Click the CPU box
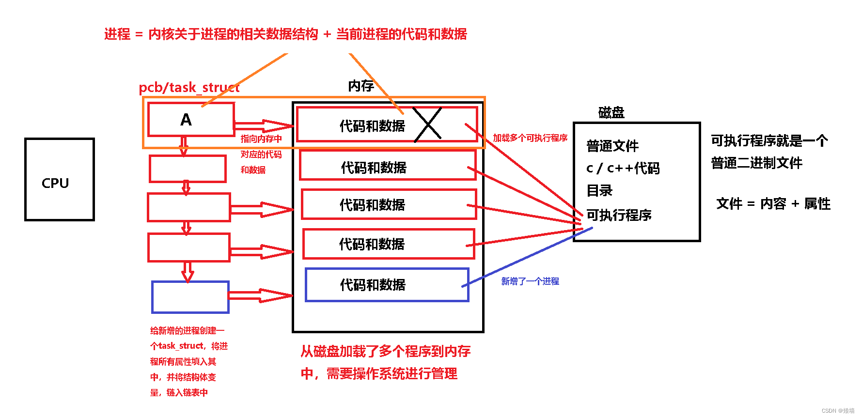(x=59, y=180)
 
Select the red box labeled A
(x=191, y=119)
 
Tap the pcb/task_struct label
(x=189, y=88)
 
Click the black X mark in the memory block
(x=428, y=124)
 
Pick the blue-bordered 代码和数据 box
(x=387, y=285)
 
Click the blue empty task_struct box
(x=190, y=297)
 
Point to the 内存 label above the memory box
(x=361, y=86)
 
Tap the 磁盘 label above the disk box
(x=611, y=113)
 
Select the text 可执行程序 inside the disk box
(x=619, y=215)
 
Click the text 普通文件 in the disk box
(x=612, y=146)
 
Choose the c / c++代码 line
(x=623, y=169)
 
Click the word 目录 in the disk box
(x=599, y=191)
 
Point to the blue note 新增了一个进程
(x=530, y=281)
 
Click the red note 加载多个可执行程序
(x=530, y=138)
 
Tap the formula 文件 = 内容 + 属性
(x=773, y=204)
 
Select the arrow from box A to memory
(x=264, y=126)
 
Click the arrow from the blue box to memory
(x=260, y=295)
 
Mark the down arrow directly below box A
(x=184, y=146)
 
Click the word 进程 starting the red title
(x=117, y=34)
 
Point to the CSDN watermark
(x=838, y=411)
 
